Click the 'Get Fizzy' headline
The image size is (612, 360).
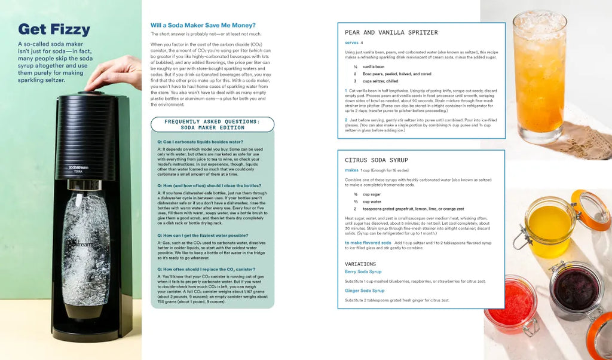pyautogui.click(x=54, y=29)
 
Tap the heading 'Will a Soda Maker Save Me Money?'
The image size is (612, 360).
pyautogui.click(x=203, y=25)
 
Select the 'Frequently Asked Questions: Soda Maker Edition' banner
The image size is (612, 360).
pyautogui.click(x=212, y=124)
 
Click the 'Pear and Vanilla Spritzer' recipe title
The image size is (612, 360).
pyautogui.click(x=391, y=32)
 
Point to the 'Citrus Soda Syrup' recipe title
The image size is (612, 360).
pyautogui.click(x=377, y=160)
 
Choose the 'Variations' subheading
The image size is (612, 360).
pyautogui.click(x=360, y=264)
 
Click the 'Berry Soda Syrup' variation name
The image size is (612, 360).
pyautogui.click(x=363, y=272)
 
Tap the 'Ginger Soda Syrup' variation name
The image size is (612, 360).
pyautogui.click(x=365, y=291)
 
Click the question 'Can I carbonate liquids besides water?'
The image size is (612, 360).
pyautogui.click(x=201, y=142)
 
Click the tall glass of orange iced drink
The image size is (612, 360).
pyautogui.click(x=539, y=72)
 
